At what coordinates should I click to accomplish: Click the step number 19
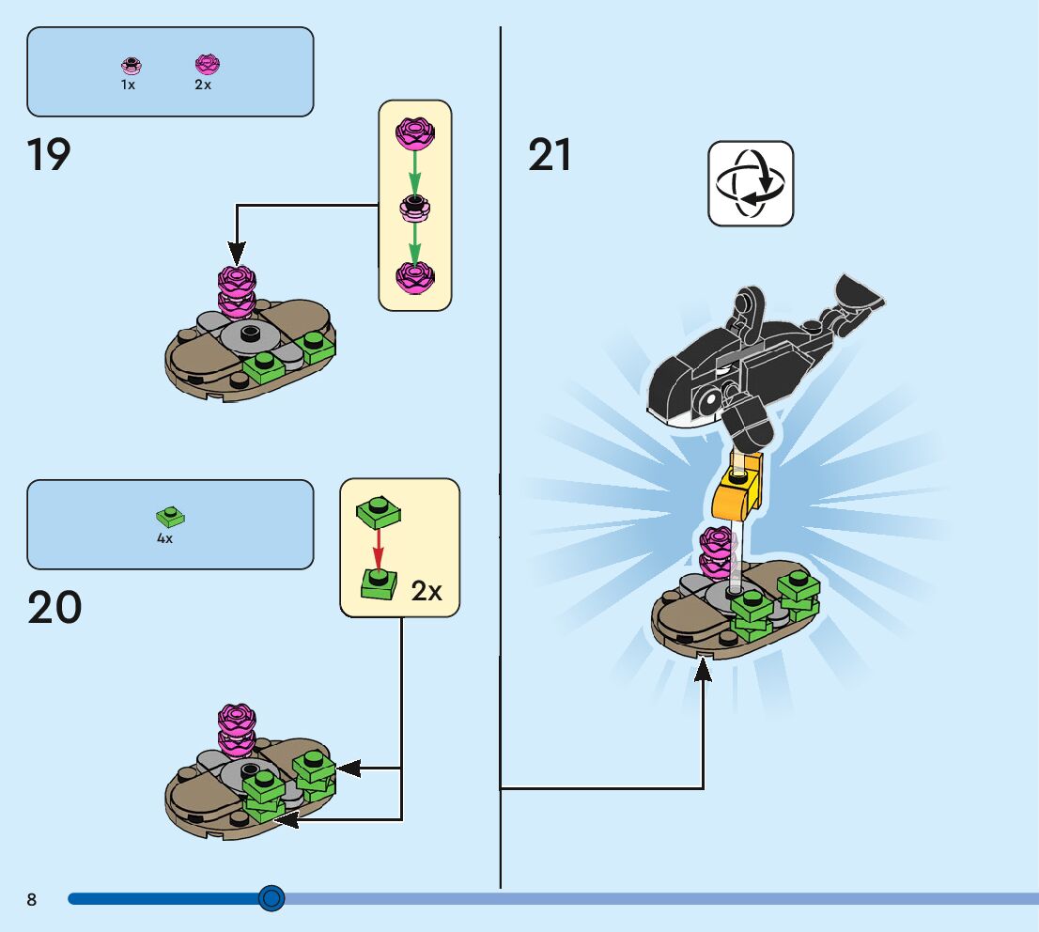[x=49, y=155]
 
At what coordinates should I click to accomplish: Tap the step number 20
[x=54, y=608]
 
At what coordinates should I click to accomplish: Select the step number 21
[x=550, y=155]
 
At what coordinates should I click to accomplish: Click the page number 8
[x=32, y=899]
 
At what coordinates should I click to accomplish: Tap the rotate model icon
[x=750, y=183]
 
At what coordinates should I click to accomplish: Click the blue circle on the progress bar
[x=271, y=898]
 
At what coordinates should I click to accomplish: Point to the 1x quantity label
[x=129, y=85]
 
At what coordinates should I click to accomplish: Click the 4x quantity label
[x=164, y=539]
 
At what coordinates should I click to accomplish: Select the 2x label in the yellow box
[x=426, y=591]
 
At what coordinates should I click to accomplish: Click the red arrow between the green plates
[x=378, y=548]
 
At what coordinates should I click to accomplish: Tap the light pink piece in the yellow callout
[x=414, y=207]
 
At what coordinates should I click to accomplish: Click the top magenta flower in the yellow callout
[x=414, y=133]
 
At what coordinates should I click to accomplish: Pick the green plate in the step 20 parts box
[x=169, y=516]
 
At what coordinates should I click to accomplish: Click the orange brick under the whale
[x=736, y=492]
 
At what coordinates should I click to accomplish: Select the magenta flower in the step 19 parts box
[x=206, y=64]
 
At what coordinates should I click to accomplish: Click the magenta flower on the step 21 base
[x=716, y=551]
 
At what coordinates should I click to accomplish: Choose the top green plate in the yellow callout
[x=379, y=510]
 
